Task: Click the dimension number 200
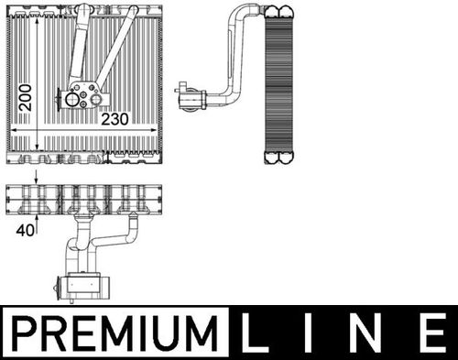pyautogui.click(x=26, y=98)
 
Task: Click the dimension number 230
pyautogui.click(x=114, y=119)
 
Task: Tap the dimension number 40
pyautogui.click(x=26, y=231)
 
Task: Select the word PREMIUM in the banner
pyautogui.click(x=115, y=333)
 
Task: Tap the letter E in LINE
pyautogui.click(x=432, y=333)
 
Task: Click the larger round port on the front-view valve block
pyautogui.click(x=72, y=99)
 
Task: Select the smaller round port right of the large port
pyautogui.click(x=96, y=99)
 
